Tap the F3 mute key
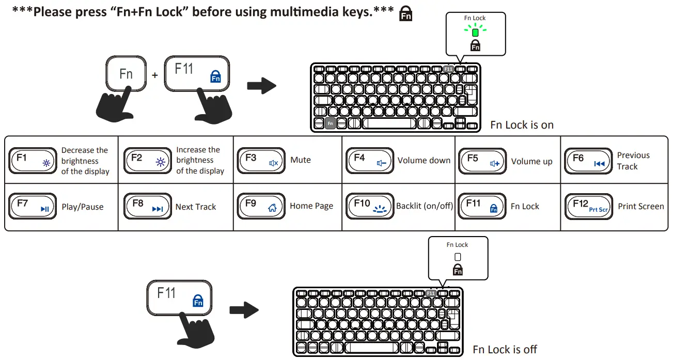click(261, 161)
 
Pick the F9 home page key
click(261, 206)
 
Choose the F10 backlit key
click(369, 206)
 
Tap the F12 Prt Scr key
click(589, 206)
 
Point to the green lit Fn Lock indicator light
click(475, 32)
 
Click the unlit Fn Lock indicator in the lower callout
click(457, 256)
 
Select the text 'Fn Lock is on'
click(522, 125)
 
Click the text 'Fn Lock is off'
click(505, 350)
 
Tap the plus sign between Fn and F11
click(155, 75)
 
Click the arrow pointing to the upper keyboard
click(261, 86)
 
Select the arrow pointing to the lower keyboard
click(243, 310)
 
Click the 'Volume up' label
click(531, 162)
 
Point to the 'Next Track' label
click(196, 207)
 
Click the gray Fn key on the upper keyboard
click(330, 123)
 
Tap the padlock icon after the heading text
click(406, 14)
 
